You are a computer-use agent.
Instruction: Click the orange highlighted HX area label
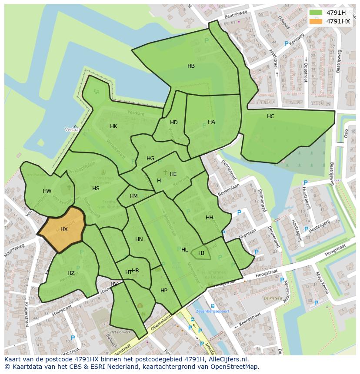tap(64, 229)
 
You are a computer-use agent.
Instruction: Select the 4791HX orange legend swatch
tap(316, 21)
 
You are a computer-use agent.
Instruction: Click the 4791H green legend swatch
tap(316, 13)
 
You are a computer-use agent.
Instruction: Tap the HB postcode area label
tap(191, 66)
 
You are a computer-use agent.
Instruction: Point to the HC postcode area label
tap(270, 116)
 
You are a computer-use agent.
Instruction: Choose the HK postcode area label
tap(113, 126)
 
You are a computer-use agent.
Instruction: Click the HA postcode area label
tap(211, 122)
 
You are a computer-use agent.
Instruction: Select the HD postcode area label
tap(174, 122)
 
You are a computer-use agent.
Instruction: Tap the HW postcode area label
tap(47, 191)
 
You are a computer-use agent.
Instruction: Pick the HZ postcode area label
tap(71, 273)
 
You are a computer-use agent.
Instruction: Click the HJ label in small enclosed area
tap(201, 253)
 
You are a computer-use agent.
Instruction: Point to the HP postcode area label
tap(164, 291)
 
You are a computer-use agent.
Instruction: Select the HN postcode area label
tap(139, 239)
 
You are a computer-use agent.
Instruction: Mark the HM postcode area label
tap(133, 196)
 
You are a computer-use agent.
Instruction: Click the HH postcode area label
tap(210, 218)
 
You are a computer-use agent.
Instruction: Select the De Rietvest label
tap(273, 299)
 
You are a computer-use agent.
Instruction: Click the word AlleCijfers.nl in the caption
tap(227, 359)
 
